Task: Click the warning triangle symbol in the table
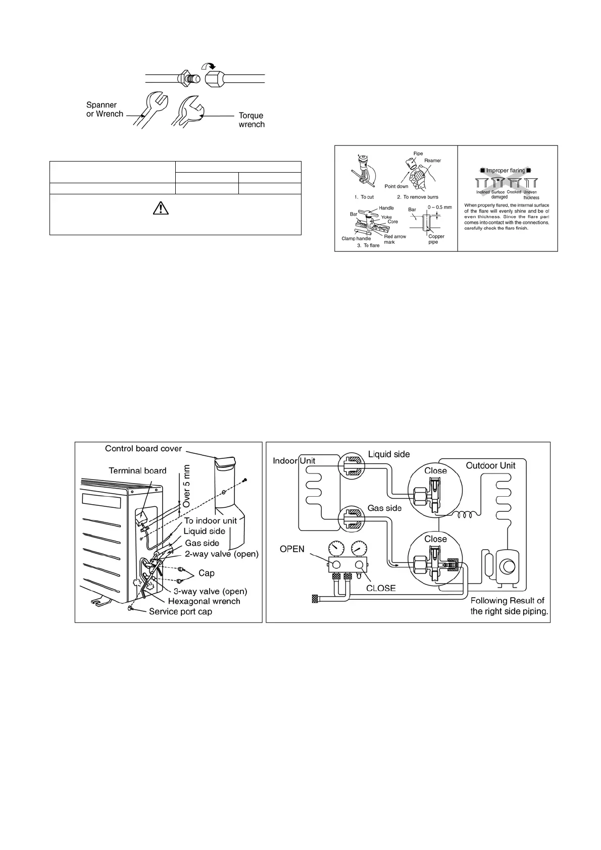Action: (160, 208)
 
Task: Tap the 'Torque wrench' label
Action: (252, 120)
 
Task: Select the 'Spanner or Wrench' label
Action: (105, 110)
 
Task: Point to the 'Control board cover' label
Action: (143, 449)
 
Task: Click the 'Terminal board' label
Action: (137, 471)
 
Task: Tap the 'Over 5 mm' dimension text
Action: (186, 486)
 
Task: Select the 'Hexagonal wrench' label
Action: (204, 601)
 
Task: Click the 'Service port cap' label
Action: (180, 612)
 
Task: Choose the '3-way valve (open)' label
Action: (210, 591)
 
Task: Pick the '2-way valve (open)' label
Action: (222, 554)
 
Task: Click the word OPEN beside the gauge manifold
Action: (292, 549)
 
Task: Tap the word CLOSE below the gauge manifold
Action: (381, 588)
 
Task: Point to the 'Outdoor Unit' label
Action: (490, 465)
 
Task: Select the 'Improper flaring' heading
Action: (506, 171)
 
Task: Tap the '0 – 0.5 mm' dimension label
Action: (439, 207)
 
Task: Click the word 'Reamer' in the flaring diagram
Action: (432, 161)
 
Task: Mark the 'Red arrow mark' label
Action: (395, 239)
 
